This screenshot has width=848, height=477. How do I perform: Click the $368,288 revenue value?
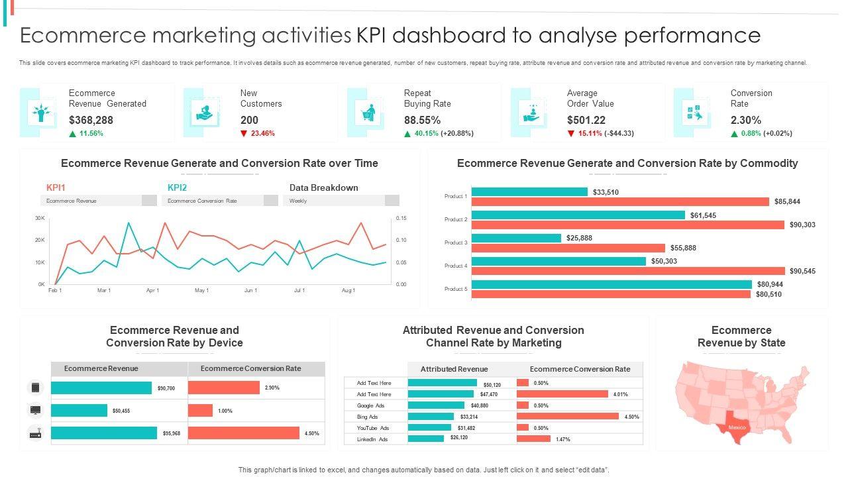pos(91,121)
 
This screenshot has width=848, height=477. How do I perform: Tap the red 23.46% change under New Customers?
pos(258,134)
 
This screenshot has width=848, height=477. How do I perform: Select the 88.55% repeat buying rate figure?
pos(422,121)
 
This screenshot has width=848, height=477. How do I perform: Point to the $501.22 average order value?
pos(586,121)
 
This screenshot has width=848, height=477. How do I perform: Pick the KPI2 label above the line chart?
pos(177,187)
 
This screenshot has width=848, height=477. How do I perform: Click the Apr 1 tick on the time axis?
pos(153,290)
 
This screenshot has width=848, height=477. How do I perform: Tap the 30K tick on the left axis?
pos(39,218)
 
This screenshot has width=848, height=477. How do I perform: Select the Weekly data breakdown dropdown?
pos(341,201)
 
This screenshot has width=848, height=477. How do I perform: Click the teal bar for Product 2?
pos(578,215)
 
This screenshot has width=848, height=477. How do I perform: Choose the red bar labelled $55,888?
pos(568,248)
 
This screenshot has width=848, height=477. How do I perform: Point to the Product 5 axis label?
pos(456,289)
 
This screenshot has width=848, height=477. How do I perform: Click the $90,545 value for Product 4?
pos(802,271)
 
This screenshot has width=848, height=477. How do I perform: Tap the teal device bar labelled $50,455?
pos(79,411)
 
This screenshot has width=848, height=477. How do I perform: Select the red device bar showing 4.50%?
pos(244,433)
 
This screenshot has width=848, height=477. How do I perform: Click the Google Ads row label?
pos(370,405)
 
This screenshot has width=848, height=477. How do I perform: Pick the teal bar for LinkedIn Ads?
pos(426,439)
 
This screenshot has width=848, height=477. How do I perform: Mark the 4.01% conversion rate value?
pos(620,394)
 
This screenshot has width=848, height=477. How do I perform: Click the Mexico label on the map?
pos(737,427)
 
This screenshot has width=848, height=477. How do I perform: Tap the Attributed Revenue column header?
pos(454,369)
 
